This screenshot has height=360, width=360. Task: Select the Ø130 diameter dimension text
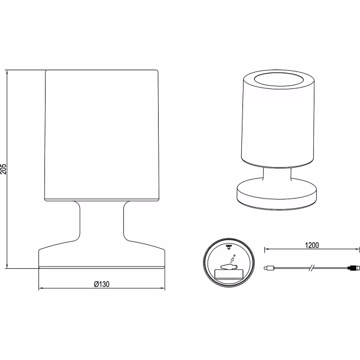point(102,284)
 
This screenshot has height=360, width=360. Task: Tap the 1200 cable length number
point(312,245)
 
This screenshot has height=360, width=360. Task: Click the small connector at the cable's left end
point(269,268)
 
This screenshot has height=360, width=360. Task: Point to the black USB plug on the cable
point(354,268)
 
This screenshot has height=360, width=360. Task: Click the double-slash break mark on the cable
point(311,268)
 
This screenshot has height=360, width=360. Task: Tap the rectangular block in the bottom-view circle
point(229,274)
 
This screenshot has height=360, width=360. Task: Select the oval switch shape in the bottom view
point(229,267)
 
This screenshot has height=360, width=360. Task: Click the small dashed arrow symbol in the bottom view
point(232,259)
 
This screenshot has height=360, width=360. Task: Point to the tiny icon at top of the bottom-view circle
point(229,247)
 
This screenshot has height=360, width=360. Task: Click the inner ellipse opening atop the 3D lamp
point(279,79)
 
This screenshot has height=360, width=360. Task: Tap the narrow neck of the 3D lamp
point(277,174)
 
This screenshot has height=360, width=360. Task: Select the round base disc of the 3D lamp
point(277,193)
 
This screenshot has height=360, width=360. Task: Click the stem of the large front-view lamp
point(102,221)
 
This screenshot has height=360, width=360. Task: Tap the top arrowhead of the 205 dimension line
point(7,73)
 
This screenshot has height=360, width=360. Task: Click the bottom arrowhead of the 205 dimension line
point(7,265)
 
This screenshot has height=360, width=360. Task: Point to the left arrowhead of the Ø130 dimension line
point(41,288)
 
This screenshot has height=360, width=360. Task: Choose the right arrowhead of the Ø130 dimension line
point(162,288)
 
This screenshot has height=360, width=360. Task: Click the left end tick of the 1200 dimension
point(265,249)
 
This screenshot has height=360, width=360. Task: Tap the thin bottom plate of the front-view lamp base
point(102,268)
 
